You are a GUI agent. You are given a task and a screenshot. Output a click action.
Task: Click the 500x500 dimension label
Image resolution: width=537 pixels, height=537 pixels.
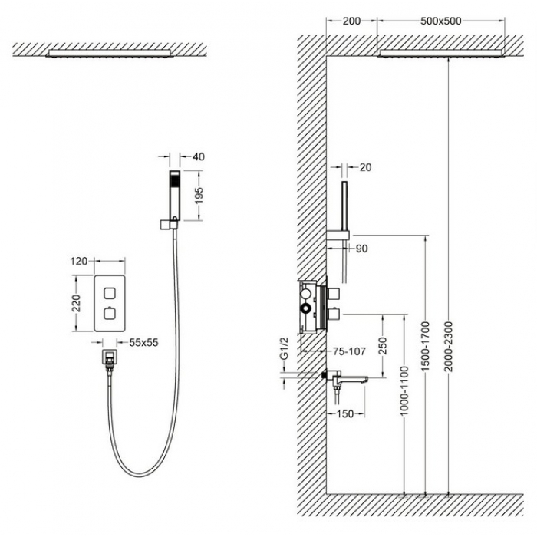click(x=441, y=21)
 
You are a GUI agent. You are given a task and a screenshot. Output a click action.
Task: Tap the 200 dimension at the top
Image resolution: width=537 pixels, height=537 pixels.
click(x=351, y=21)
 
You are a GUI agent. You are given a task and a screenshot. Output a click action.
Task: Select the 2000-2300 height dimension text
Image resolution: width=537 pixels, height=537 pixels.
click(x=449, y=347)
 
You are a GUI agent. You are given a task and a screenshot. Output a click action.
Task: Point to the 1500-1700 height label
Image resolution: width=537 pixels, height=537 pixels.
click(x=425, y=347)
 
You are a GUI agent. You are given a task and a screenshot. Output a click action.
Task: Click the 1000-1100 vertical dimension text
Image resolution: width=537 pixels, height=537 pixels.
click(x=405, y=390)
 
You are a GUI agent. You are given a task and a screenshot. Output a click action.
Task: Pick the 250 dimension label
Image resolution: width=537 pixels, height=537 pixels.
click(x=383, y=346)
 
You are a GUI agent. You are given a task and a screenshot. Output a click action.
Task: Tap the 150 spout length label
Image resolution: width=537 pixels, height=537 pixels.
click(x=345, y=413)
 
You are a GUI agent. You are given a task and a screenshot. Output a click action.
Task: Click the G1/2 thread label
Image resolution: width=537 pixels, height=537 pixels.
click(x=285, y=348)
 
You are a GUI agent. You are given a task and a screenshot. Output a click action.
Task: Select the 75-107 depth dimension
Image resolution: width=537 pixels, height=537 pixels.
click(x=349, y=351)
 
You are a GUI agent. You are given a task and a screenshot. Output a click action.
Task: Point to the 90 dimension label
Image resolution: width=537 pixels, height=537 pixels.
click(x=361, y=249)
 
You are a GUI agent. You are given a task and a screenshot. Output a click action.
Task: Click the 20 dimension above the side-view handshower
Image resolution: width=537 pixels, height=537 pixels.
click(x=365, y=167)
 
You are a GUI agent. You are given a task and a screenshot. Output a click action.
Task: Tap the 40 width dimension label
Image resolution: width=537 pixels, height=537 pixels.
click(x=199, y=156)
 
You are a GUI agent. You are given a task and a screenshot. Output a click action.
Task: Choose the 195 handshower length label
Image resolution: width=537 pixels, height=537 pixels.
click(x=199, y=195)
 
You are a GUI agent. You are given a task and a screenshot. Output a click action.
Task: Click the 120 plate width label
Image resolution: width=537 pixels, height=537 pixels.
click(x=79, y=262)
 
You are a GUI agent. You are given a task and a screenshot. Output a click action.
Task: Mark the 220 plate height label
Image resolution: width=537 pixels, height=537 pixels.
click(x=76, y=303)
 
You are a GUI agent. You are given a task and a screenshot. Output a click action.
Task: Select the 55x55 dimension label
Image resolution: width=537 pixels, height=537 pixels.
click(x=144, y=342)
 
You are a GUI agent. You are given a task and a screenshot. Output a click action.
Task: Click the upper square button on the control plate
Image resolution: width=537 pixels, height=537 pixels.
click(x=110, y=293)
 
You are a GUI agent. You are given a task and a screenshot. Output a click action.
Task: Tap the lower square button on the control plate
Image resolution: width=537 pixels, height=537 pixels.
click(x=110, y=313)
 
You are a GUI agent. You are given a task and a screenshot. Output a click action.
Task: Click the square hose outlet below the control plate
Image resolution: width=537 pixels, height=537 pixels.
click(x=110, y=357)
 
